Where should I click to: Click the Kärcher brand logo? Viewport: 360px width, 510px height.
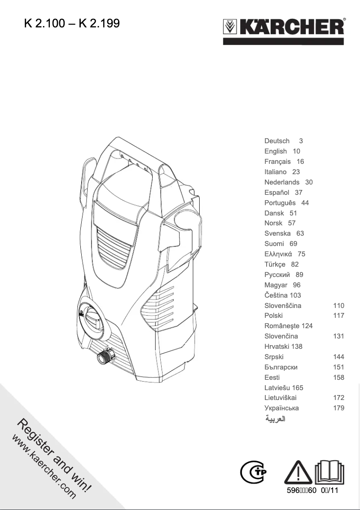point(284,28)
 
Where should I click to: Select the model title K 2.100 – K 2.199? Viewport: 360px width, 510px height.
point(72,23)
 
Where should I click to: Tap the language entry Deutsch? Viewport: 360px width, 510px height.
point(277,141)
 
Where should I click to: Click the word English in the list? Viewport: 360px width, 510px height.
point(276,151)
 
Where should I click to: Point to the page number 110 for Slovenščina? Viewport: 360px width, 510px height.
point(338,305)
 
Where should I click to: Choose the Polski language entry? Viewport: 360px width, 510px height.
point(274,316)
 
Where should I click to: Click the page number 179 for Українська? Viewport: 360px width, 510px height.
point(338,408)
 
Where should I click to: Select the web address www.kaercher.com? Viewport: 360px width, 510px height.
point(44,467)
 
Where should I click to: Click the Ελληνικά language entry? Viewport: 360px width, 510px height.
point(279,254)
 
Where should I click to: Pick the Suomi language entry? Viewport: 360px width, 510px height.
point(274,244)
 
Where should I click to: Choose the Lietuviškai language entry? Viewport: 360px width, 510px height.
point(281,398)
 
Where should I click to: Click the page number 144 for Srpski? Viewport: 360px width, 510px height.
point(338,357)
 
